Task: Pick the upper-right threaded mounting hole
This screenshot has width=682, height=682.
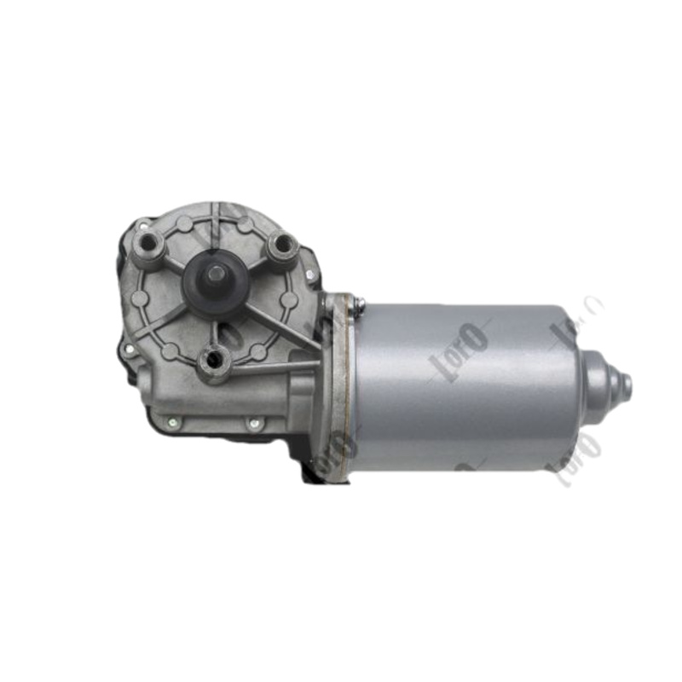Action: coord(282,246)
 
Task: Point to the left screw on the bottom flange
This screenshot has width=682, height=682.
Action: coord(173,421)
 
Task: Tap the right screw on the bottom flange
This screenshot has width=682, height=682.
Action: coord(253,421)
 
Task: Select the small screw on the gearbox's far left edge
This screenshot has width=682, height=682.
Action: coord(128,349)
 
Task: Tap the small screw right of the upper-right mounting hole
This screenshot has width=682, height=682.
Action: coord(311,275)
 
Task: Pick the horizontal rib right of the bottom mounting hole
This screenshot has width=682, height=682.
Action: coord(273,367)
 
